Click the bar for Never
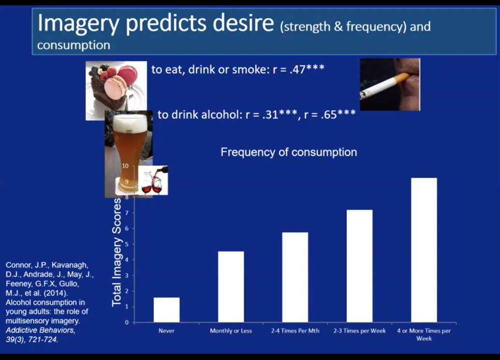(x=166, y=310)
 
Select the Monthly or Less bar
(x=231, y=286)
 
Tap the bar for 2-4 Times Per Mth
(x=295, y=277)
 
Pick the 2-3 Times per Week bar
(x=359, y=266)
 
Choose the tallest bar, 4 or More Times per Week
(x=424, y=250)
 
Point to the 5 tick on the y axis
(x=127, y=244)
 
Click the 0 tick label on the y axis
(x=127, y=322)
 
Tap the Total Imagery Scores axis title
(x=117, y=252)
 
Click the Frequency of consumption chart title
(x=289, y=152)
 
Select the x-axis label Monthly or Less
(x=231, y=330)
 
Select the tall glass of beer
(x=129, y=154)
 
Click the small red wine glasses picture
(x=153, y=180)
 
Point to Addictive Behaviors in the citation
(x=41, y=330)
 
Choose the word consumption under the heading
(x=74, y=45)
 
